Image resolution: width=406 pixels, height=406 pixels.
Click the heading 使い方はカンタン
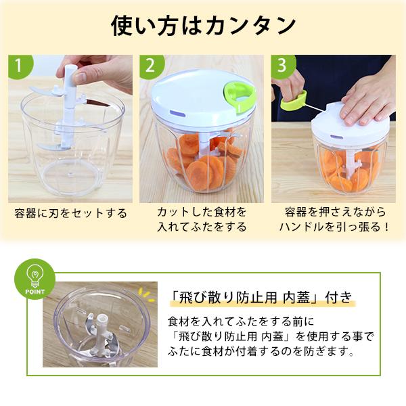(203, 26)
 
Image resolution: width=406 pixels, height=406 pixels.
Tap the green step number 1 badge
(20, 66)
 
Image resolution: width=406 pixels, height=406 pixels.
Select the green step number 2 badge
(151, 66)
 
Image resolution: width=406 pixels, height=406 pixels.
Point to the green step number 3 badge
(283, 66)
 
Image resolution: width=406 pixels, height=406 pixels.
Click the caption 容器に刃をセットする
(70, 214)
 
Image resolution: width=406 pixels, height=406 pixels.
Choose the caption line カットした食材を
(202, 212)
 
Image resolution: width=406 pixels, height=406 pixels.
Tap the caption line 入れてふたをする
(202, 227)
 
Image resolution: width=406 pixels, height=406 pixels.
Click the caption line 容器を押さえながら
(336, 212)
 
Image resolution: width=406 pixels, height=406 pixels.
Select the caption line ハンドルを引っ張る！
(334, 227)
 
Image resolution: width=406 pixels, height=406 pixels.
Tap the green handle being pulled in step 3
(294, 100)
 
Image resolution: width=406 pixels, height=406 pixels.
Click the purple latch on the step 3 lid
(335, 137)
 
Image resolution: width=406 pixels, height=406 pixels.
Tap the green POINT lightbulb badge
(35, 279)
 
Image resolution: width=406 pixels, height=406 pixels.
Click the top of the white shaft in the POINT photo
(103, 318)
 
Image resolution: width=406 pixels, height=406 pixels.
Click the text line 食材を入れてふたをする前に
(241, 322)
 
